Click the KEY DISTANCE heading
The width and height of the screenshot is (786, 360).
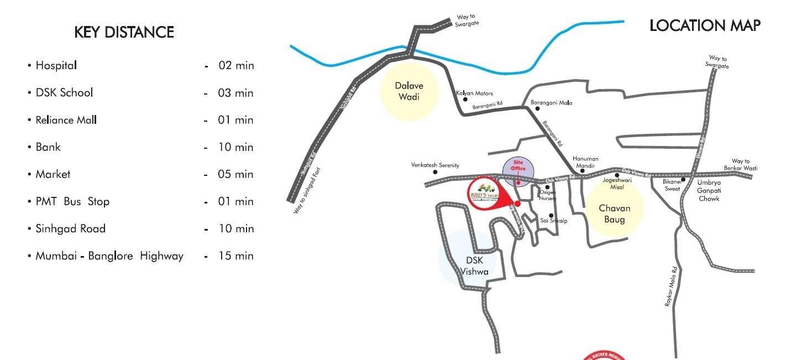[124, 33]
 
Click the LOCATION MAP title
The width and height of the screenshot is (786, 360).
[705, 25]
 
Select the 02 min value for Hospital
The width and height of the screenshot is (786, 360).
[236, 65]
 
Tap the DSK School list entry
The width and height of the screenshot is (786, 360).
[64, 92]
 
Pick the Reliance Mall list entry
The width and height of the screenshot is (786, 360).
[66, 119]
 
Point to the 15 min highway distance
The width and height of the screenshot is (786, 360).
[236, 255]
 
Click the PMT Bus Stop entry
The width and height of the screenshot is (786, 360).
[72, 201]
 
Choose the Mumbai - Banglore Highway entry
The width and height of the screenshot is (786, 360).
[109, 255]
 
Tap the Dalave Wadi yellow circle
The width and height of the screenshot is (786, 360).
[409, 91]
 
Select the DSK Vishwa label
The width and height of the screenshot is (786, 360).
[474, 265]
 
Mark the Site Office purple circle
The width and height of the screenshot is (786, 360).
[518, 169]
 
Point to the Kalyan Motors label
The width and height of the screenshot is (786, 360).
[474, 93]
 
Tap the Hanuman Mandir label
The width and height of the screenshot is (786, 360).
[585, 162]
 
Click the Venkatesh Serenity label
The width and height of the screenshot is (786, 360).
[435, 165]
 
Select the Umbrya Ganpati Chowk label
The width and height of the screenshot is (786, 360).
[709, 190]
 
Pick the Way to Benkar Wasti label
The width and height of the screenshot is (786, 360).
[741, 165]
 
